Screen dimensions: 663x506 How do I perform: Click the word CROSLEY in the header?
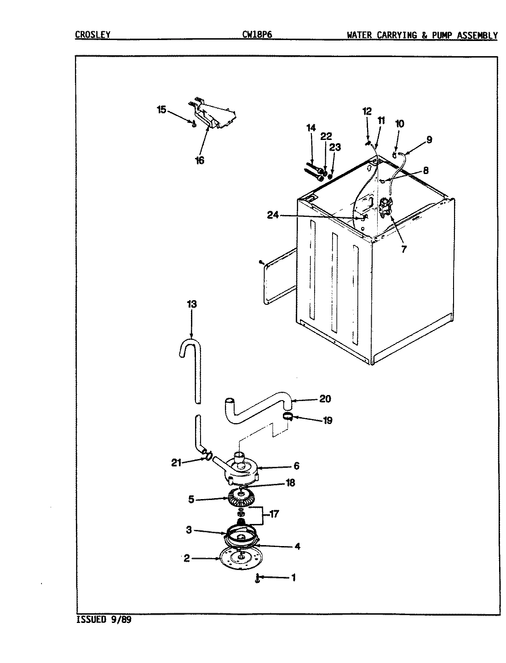pyautogui.click(x=92, y=35)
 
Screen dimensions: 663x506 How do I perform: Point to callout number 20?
pyautogui.click(x=325, y=399)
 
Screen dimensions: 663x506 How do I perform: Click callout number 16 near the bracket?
pyautogui.click(x=199, y=160)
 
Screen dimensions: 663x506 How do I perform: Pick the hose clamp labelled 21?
pyautogui.click(x=208, y=456)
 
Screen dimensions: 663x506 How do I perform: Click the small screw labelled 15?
pyautogui.click(x=194, y=122)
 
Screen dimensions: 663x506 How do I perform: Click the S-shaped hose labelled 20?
pyautogui.click(x=258, y=405)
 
